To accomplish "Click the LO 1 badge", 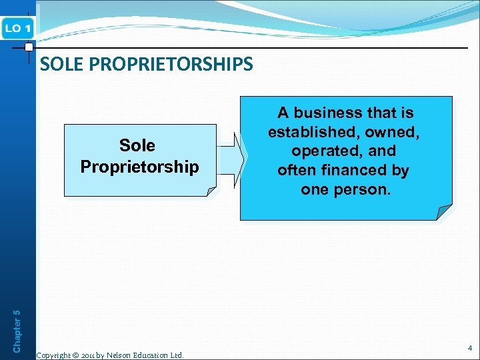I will [x=17, y=28].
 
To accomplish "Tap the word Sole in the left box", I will [x=137, y=145].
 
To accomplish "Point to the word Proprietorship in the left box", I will [x=139, y=167].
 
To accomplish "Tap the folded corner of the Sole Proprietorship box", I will [x=210, y=192].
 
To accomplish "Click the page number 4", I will [x=469, y=348].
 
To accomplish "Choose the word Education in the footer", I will [x=153, y=355].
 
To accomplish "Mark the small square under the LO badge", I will [x=29, y=48].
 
